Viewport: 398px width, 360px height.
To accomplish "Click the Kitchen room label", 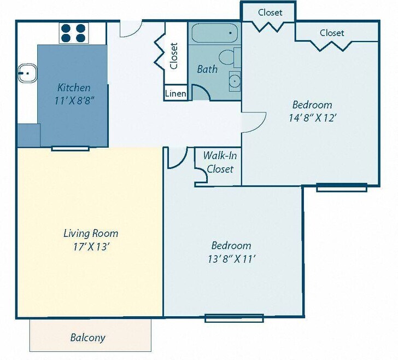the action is click(x=74, y=88).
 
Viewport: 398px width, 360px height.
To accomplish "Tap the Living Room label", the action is click(x=91, y=233).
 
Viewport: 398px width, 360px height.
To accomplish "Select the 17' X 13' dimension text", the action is click(x=91, y=246).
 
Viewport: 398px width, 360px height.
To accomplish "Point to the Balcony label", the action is click(x=87, y=338).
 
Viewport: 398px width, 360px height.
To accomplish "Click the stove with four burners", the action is click(x=74, y=33).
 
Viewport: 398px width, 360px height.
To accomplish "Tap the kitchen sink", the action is click(x=27, y=73).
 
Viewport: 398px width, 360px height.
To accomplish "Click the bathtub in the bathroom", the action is click(x=214, y=33).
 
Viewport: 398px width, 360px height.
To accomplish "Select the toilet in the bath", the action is click(x=230, y=57).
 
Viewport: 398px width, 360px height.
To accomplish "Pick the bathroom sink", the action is click(x=235, y=81).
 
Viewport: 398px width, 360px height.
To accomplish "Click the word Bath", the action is click(x=207, y=69).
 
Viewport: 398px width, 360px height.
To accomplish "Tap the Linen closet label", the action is click(x=175, y=94).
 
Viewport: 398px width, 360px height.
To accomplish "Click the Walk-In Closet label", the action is click(x=220, y=162).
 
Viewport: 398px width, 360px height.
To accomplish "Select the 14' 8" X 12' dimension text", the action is click(x=313, y=118).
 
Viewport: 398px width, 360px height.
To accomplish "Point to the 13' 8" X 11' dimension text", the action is click(x=231, y=259).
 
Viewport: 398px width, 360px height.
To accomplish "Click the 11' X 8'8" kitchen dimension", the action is click(x=74, y=101).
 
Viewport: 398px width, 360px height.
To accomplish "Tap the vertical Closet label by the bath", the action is click(x=174, y=56).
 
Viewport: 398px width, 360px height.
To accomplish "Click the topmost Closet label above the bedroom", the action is click(x=270, y=12).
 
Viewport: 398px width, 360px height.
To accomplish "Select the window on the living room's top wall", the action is click(x=71, y=148).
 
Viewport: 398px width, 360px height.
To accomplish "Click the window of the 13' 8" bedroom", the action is click(x=234, y=318).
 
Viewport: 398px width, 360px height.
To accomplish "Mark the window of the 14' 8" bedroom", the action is click(x=342, y=188).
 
